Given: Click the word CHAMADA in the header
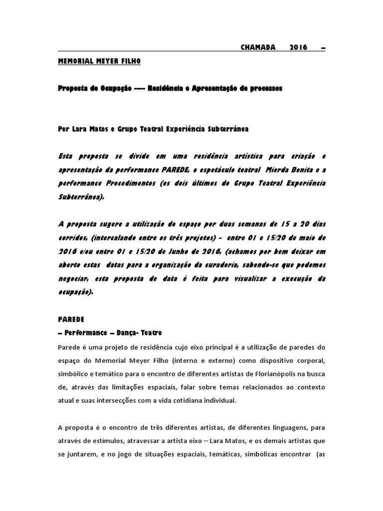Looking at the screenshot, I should (x=258, y=47).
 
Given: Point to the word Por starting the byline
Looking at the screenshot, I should (x=64, y=129).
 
